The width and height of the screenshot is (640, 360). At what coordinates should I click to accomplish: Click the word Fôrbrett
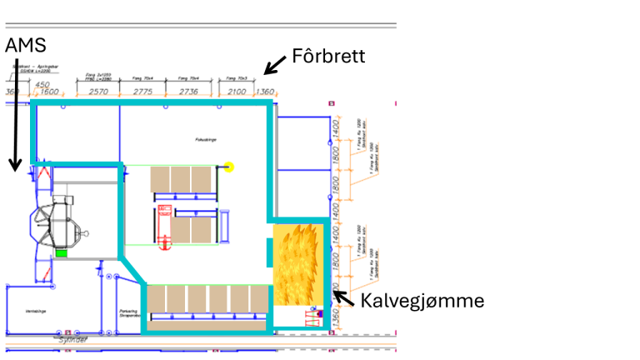(x=328, y=57)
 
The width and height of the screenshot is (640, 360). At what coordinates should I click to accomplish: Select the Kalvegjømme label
(x=422, y=300)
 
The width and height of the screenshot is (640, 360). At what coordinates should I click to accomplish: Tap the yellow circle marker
(x=229, y=167)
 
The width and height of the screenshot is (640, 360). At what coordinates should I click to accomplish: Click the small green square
(x=61, y=252)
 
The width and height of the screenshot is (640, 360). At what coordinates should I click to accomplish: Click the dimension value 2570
(x=98, y=92)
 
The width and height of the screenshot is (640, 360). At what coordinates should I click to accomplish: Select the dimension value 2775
(x=146, y=92)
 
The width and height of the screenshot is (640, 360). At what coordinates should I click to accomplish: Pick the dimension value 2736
(x=188, y=92)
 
